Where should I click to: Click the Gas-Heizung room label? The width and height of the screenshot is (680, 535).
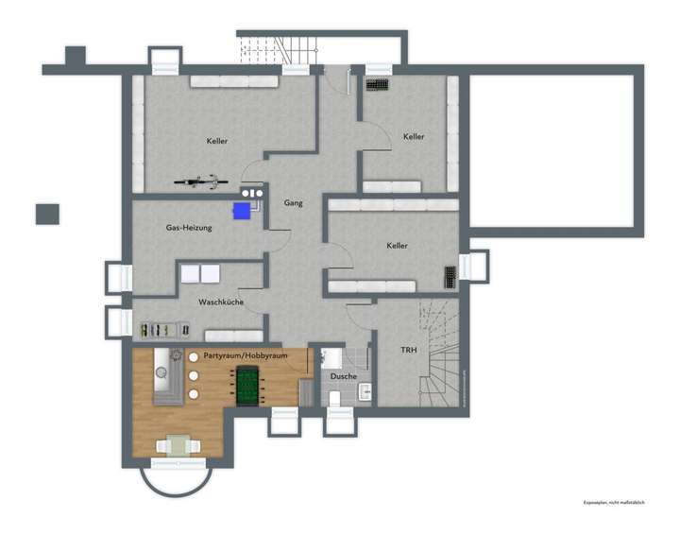coord(189,228)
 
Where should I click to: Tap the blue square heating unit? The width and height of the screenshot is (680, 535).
coord(244,210)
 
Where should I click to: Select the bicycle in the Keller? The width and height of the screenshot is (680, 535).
coord(201,180)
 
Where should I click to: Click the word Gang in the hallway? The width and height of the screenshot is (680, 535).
coord(292,202)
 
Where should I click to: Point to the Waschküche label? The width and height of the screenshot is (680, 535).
coord(221,302)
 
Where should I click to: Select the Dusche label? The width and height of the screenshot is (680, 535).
coord(344,376)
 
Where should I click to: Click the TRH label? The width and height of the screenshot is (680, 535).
coord(409,351)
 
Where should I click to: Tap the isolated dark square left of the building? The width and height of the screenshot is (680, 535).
coord(47,215)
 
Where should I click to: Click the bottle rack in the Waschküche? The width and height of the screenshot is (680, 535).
coord(159,330)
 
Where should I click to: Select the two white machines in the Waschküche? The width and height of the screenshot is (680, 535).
coord(200,274)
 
